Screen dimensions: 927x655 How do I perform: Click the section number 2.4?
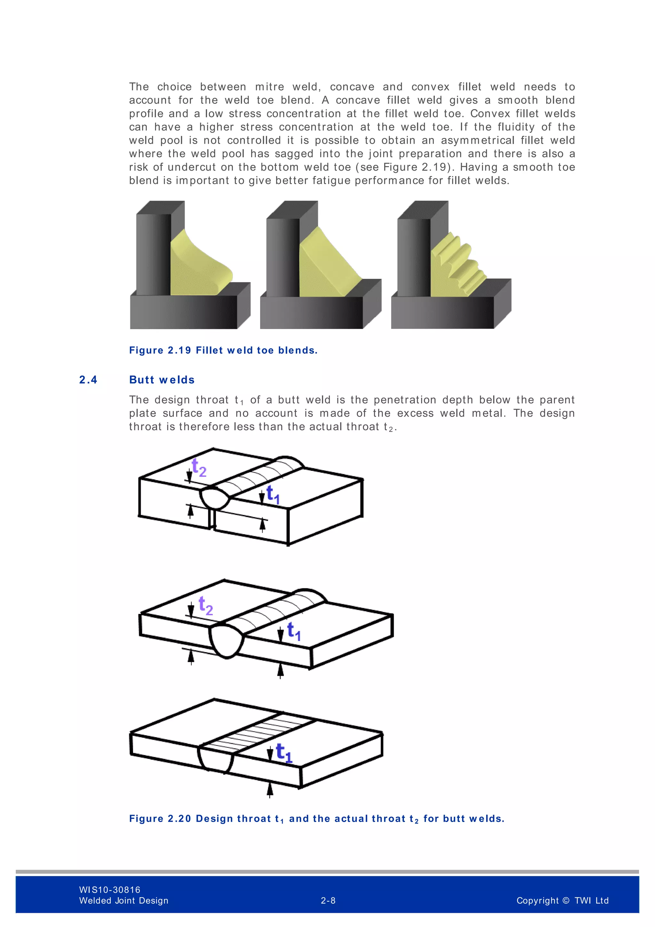tap(88, 380)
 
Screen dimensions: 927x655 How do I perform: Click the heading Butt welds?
tap(162, 380)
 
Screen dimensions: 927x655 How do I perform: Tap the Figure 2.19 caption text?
tap(223, 350)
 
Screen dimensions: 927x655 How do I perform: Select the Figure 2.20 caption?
tap(317, 818)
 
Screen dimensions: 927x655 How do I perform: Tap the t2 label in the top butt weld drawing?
tap(199, 468)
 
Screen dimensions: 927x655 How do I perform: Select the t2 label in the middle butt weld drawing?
tap(206, 606)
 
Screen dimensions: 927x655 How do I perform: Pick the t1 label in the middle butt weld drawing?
tap(294, 631)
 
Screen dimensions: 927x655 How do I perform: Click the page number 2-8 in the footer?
tap(328, 900)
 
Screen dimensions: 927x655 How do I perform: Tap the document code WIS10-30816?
tap(110, 890)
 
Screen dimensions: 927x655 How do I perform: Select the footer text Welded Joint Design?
tap(123, 900)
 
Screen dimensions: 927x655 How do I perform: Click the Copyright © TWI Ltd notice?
tap(562, 900)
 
